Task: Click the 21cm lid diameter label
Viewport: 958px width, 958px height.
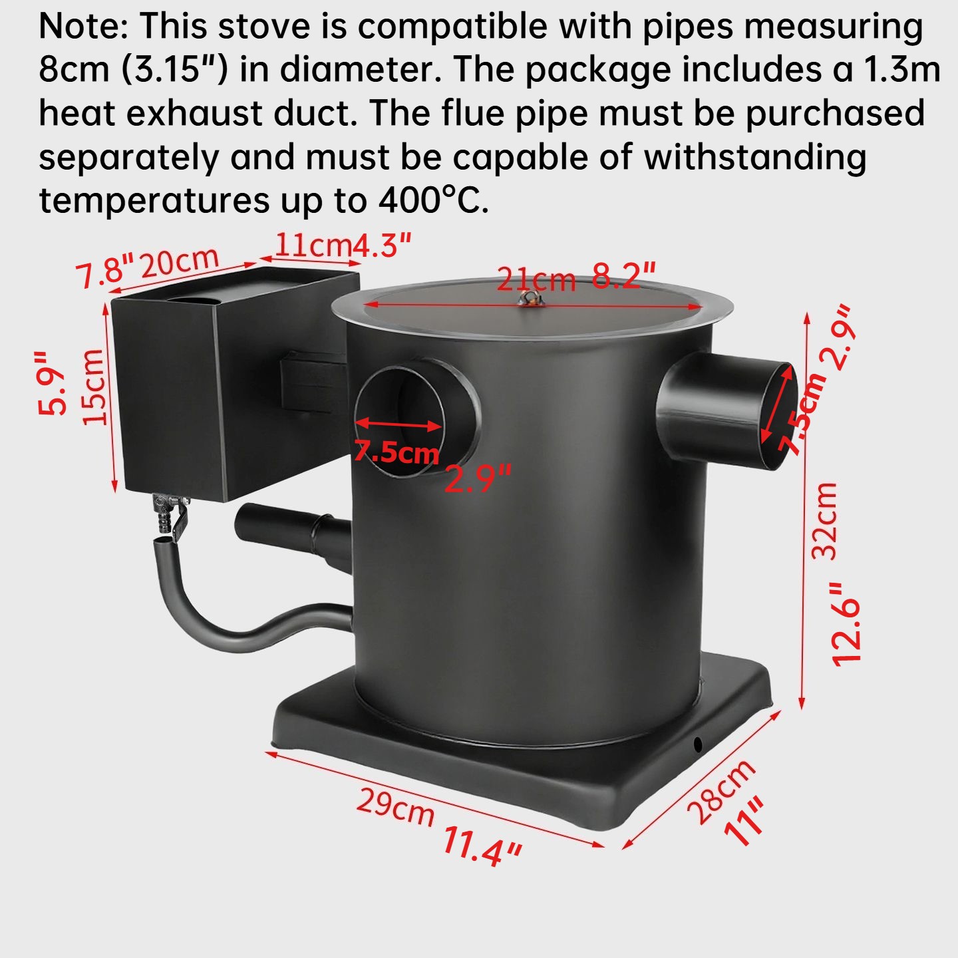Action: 536,279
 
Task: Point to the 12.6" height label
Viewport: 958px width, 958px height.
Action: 847,623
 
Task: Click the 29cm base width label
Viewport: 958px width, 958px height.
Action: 395,806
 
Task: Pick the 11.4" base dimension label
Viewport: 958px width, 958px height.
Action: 482,846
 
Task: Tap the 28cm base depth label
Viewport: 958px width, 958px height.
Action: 720,791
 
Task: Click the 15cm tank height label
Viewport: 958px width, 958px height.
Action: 94,386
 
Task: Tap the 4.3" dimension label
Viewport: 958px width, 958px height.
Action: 381,245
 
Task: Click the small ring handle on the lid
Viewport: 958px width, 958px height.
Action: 532,299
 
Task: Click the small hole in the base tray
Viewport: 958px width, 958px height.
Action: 697,743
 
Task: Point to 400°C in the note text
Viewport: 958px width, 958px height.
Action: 433,200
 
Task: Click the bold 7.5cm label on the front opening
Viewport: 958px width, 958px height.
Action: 397,452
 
